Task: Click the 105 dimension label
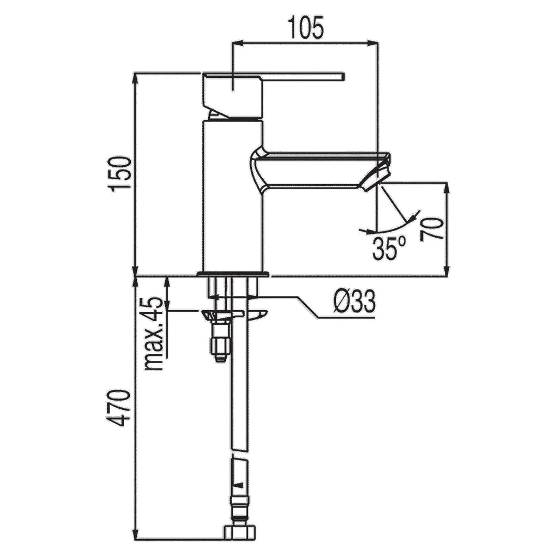point(306,27)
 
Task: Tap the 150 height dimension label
point(120,174)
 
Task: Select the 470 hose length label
point(120,408)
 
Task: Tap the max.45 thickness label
point(154,334)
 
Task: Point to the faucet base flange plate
point(233,274)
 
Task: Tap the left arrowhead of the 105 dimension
point(235,43)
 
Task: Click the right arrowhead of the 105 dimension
point(374,43)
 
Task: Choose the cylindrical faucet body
point(233,196)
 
